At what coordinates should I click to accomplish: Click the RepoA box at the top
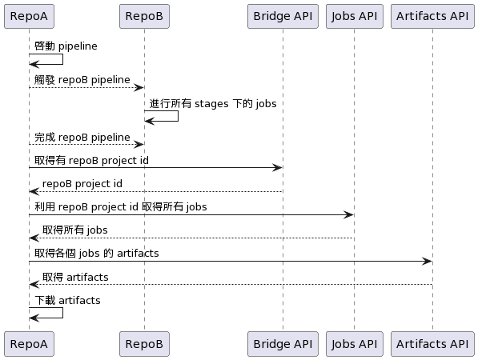click(29, 16)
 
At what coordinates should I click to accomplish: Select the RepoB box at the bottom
click(144, 344)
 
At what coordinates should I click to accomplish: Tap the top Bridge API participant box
click(283, 16)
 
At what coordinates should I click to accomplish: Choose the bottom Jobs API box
click(354, 344)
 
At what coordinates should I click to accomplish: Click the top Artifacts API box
click(432, 16)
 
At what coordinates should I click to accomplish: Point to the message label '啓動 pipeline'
click(66, 46)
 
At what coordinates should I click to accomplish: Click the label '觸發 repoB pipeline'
click(82, 80)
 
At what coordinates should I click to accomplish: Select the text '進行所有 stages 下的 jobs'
click(213, 103)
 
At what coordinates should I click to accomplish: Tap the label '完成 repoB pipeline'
click(82, 138)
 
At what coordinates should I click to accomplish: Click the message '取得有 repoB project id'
click(91, 161)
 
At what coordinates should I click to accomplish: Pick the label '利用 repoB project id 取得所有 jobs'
click(121, 207)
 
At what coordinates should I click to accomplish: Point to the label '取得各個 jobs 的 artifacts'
click(97, 254)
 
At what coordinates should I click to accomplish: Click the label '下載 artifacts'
click(67, 301)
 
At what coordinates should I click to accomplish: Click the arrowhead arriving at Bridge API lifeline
click(277, 167)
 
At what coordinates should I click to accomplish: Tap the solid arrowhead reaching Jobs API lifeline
click(348, 214)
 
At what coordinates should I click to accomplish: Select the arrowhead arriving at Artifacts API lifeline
click(427, 261)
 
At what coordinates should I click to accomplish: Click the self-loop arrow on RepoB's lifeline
click(178, 116)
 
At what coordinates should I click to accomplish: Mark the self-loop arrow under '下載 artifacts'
click(62, 313)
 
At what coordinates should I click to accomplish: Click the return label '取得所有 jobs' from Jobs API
click(75, 230)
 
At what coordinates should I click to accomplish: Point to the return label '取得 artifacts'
click(75, 277)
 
